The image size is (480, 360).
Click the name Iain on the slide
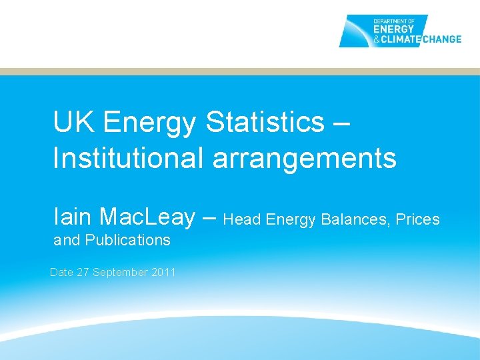click(73, 216)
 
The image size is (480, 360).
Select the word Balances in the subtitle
click(358, 219)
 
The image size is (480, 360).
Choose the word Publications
click(128, 240)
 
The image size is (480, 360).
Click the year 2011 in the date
click(163, 272)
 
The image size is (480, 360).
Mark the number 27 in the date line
click(83, 272)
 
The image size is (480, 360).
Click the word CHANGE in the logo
click(439, 39)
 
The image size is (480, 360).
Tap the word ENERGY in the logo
click(394, 29)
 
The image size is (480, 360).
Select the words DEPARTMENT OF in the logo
click(393, 20)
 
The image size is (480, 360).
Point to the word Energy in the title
click(150, 123)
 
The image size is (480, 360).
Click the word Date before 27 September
click(62, 272)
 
